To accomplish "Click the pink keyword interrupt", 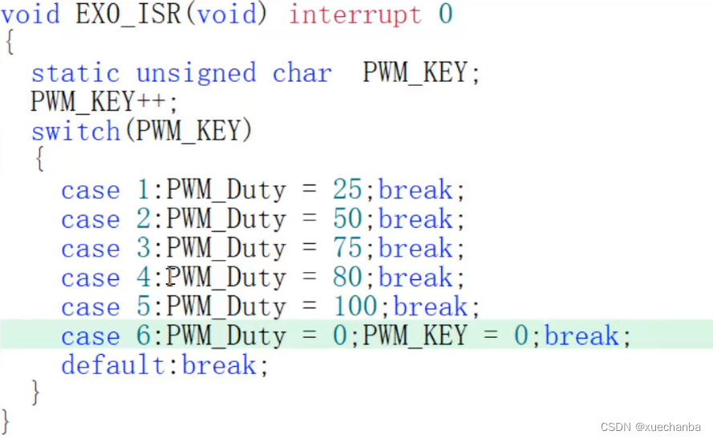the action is [354, 14].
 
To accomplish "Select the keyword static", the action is [75, 73].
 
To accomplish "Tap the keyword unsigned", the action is [196, 73].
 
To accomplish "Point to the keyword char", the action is [302, 73].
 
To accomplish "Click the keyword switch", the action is [75, 131].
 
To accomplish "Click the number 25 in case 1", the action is [347, 190].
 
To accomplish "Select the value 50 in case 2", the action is [347, 219].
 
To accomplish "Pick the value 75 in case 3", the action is [347, 248].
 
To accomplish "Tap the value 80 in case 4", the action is [347, 278].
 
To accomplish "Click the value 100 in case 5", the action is [354, 307].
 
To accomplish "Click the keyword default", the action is [113, 365].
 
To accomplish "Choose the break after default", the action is [220, 365].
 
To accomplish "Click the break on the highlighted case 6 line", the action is [582, 335].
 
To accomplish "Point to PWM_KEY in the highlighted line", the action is [415, 335].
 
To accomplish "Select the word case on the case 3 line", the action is [90, 248].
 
